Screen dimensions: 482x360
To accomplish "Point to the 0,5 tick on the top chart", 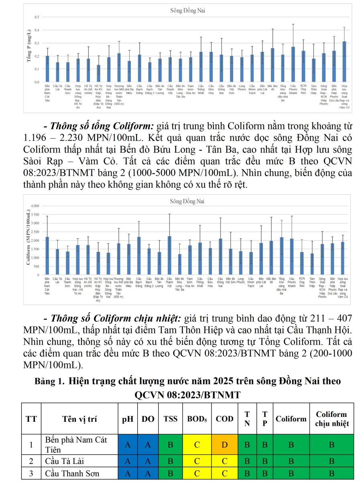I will pyautogui.click(x=37, y=17).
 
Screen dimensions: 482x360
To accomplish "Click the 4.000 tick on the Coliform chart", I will pyautogui.click(x=35, y=206).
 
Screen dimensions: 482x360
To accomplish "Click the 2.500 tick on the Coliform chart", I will pyautogui.click(x=35, y=232).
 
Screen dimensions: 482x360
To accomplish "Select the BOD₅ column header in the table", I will pyautogui.click(x=197, y=419).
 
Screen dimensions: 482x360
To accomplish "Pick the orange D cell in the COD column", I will pyautogui.click(x=225, y=445).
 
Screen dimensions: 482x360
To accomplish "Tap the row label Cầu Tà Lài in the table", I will pyautogui.click(x=63, y=461).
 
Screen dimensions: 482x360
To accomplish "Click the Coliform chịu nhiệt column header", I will pyautogui.click(x=332, y=419).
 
